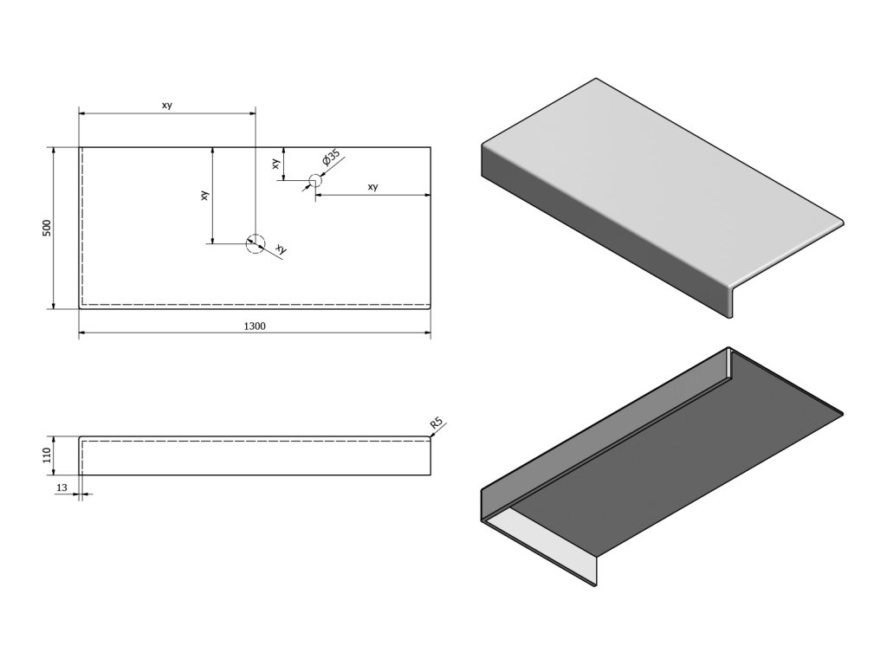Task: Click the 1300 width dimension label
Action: (255, 326)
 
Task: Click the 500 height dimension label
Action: (48, 228)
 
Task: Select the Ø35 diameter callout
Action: (331, 159)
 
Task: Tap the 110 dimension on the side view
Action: (48, 456)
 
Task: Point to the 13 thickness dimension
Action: (61, 488)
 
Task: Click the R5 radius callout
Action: (437, 423)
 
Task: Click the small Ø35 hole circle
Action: (314, 181)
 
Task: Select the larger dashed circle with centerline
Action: (255, 243)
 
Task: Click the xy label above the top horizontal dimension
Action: (166, 106)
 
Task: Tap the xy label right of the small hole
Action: (372, 187)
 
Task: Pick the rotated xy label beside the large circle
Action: (280, 249)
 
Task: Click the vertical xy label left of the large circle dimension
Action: (204, 196)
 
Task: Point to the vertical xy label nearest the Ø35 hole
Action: (275, 163)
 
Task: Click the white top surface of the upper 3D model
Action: (658, 173)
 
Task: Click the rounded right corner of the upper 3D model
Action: (838, 221)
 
